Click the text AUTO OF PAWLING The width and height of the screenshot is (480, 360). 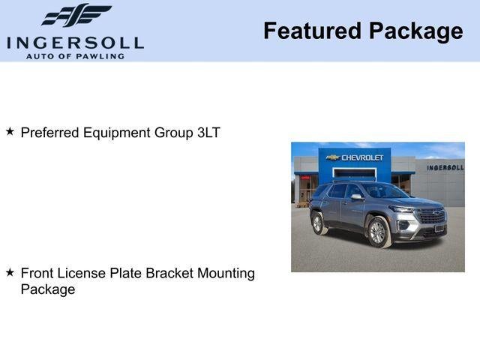(74, 55)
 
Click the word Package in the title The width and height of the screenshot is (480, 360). (415, 31)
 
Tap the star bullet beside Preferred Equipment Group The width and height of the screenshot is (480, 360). (10, 131)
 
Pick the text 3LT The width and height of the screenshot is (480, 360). (208, 133)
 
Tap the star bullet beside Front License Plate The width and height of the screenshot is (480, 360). (10, 272)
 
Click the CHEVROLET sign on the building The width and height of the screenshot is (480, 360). (362, 157)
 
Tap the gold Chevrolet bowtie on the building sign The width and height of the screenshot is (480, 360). (333, 157)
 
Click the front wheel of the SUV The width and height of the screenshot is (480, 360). (378, 232)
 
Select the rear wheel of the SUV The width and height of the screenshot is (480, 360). (319, 223)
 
